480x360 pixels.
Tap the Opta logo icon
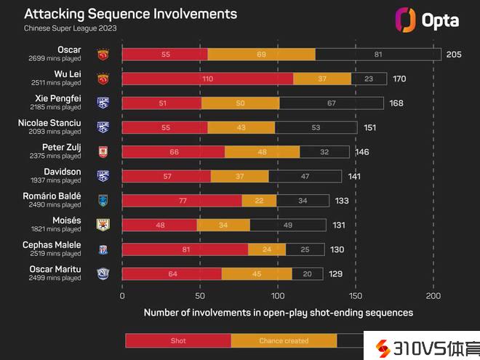(404, 19)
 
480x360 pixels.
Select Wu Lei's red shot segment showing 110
(207, 79)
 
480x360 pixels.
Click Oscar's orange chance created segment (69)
(261, 55)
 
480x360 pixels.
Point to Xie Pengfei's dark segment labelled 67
(331, 103)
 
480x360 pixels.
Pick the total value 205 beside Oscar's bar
(455, 55)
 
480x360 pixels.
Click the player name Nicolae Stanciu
(49, 123)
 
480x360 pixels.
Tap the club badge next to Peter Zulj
(103, 152)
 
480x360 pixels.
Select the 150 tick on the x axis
(356, 296)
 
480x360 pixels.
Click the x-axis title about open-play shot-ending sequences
(278, 313)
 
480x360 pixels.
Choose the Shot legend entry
(178, 340)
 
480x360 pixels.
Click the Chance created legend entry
(284, 340)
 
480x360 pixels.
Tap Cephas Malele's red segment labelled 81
(185, 249)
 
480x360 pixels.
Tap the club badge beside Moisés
(103, 225)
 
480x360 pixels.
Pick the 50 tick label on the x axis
(200, 296)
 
